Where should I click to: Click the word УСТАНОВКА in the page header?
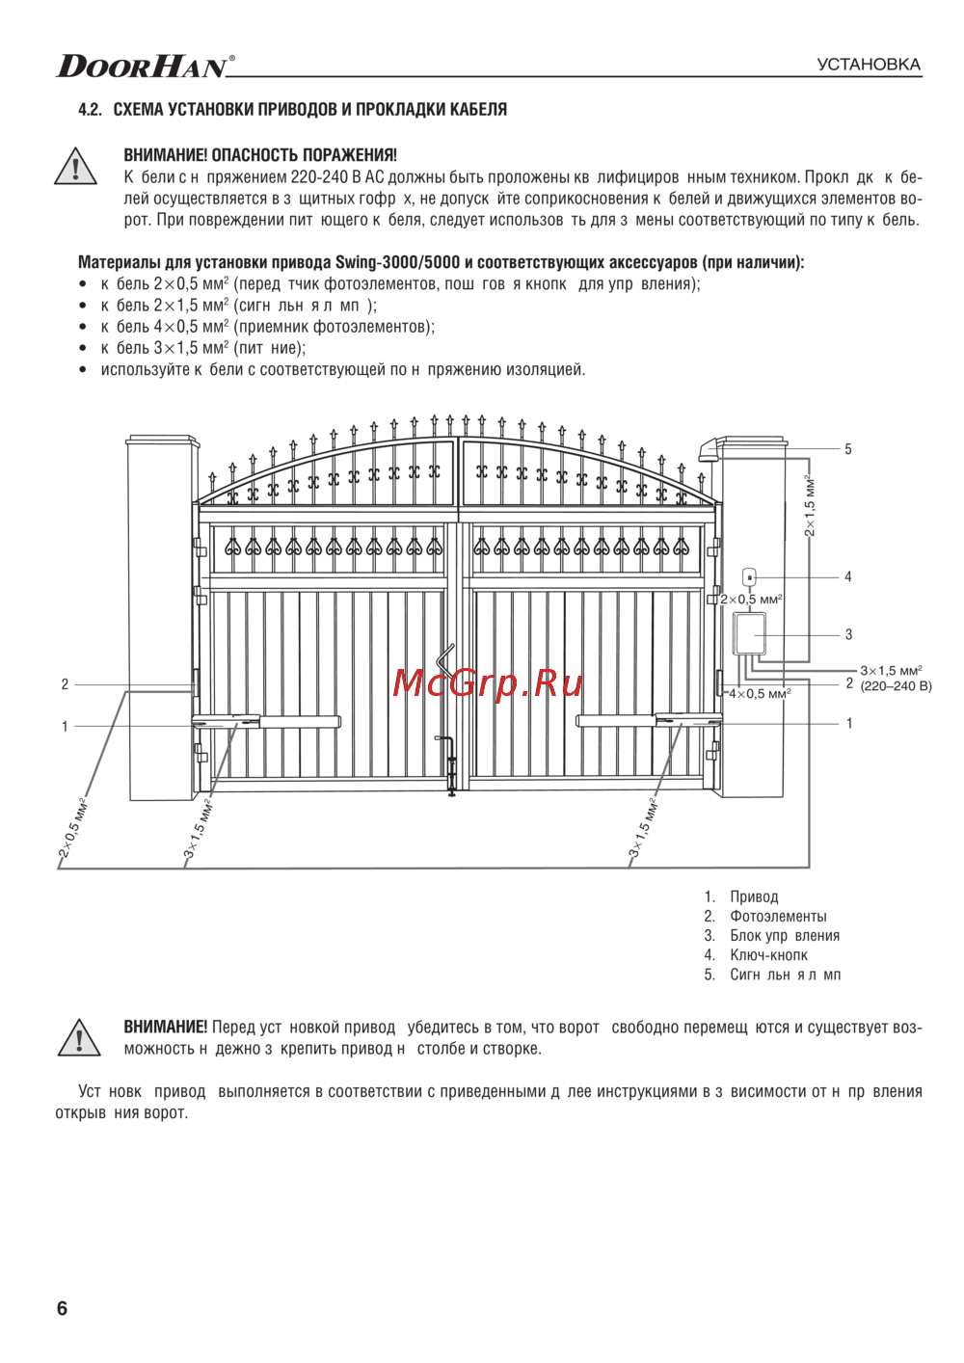tap(869, 65)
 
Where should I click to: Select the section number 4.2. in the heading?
tap(90, 110)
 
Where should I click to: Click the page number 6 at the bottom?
tap(63, 1308)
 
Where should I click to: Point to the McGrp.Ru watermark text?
tap(488, 682)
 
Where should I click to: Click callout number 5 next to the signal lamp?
tap(848, 449)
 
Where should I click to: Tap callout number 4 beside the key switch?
tap(848, 577)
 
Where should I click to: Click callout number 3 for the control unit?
tap(848, 634)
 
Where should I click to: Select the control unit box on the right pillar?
tap(748, 634)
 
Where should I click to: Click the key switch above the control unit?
tap(749, 576)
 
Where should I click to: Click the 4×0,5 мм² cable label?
tap(760, 693)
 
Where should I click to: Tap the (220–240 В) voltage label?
tap(896, 686)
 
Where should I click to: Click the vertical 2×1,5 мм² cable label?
tap(811, 505)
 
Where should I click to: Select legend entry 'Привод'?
tap(754, 896)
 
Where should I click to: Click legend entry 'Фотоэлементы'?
tap(778, 916)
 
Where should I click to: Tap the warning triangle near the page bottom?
tap(74, 1037)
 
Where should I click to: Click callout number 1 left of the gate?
tap(65, 726)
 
